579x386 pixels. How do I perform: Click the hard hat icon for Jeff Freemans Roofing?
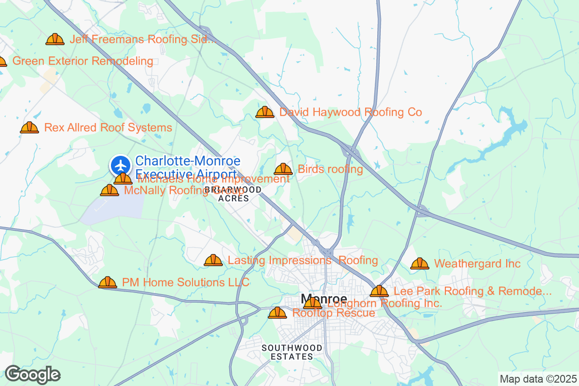(x=55, y=39)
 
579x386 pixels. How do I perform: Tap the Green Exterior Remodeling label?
(x=83, y=61)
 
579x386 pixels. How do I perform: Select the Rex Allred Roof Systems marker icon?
(x=29, y=127)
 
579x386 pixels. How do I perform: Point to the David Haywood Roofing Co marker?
(x=264, y=112)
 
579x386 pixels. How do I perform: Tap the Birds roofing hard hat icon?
(x=283, y=169)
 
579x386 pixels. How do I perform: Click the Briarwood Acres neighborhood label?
(x=234, y=193)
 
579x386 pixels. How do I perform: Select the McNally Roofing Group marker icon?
(x=110, y=190)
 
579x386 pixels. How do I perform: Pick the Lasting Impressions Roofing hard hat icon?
(x=213, y=260)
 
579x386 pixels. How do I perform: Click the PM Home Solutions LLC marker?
(x=108, y=282)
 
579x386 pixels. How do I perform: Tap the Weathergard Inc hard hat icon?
(x=420, y=263)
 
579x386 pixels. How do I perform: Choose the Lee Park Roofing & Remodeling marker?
(x=379, y=291)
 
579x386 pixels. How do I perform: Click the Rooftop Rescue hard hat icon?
(x=277, y=313)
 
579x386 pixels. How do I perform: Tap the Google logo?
(x=32, y=374)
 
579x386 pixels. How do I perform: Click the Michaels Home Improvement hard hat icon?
(x=123, y=179)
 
